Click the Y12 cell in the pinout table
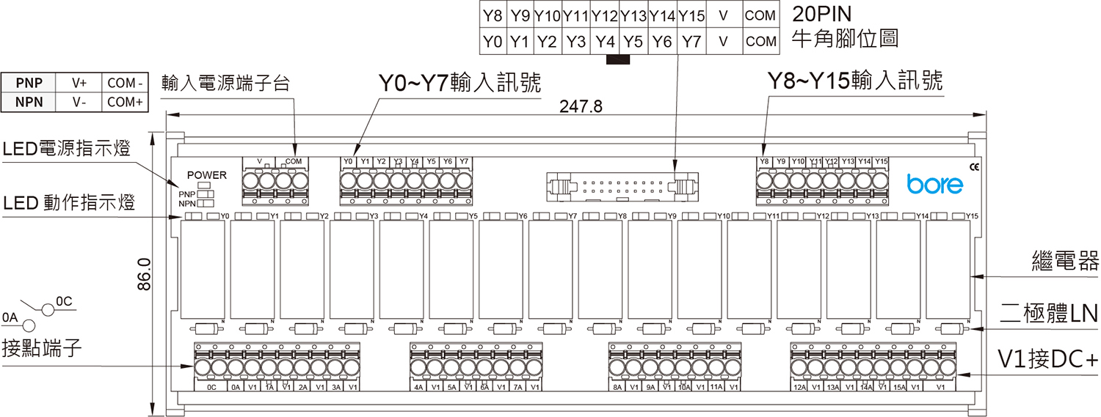coord(605,15)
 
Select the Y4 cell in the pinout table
coord(605,42)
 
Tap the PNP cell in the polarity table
coord(29,83)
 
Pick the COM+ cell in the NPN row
coord(125,102)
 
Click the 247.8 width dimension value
coord(581,107)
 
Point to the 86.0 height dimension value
coord(145,273)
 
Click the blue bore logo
coord(934,184)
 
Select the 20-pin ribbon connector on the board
coord(621,186)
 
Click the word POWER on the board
coord(207,175)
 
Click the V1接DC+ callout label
coord(1047,359)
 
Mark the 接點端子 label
coord(41,349)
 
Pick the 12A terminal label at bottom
coord(800,387)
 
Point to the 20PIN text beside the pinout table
coord(824,15)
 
